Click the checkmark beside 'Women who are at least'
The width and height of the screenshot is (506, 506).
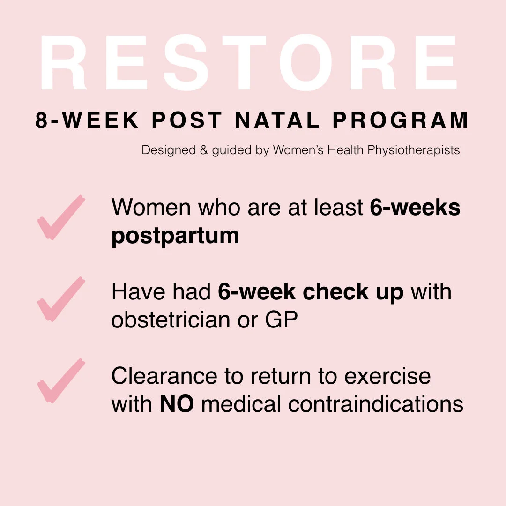point(61,218)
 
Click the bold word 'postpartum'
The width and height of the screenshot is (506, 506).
point(175,236)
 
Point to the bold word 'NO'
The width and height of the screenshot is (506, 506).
point(177,404)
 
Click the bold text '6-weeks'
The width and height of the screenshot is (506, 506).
point(415,208)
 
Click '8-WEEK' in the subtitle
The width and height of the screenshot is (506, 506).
point(87,120)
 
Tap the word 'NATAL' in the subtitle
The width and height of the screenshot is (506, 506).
point(278,120)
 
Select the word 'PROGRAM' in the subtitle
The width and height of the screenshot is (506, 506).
point(400,120)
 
